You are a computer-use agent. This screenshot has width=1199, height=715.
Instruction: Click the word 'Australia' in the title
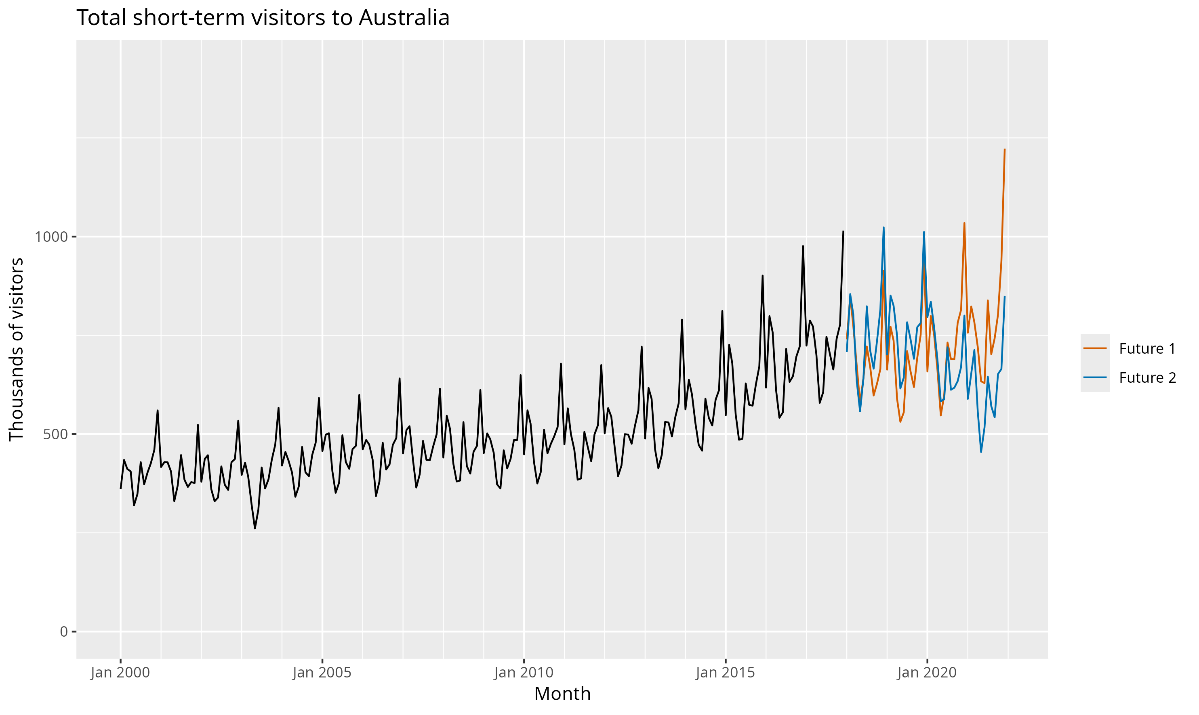pos(404,18)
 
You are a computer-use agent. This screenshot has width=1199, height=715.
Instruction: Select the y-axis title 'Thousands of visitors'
pos(17,349)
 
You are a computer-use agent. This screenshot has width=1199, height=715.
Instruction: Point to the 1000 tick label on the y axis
pos(50,237)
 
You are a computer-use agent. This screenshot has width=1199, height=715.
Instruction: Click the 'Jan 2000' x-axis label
pos(120,673)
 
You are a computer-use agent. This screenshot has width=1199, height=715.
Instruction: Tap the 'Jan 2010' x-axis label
pos(524,673)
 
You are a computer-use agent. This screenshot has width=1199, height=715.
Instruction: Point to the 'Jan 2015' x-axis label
pos(725,673)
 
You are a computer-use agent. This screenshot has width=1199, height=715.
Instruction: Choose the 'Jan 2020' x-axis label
pos(927,673)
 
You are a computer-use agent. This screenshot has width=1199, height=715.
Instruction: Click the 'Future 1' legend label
pos(1147,348)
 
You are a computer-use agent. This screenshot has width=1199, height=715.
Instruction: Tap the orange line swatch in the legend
pos(1095,348)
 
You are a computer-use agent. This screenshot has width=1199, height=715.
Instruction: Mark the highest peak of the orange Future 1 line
pos(1005,149)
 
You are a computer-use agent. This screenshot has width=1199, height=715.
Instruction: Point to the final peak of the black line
pos(843,231)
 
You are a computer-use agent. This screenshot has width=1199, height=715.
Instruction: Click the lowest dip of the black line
pos(255,528)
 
